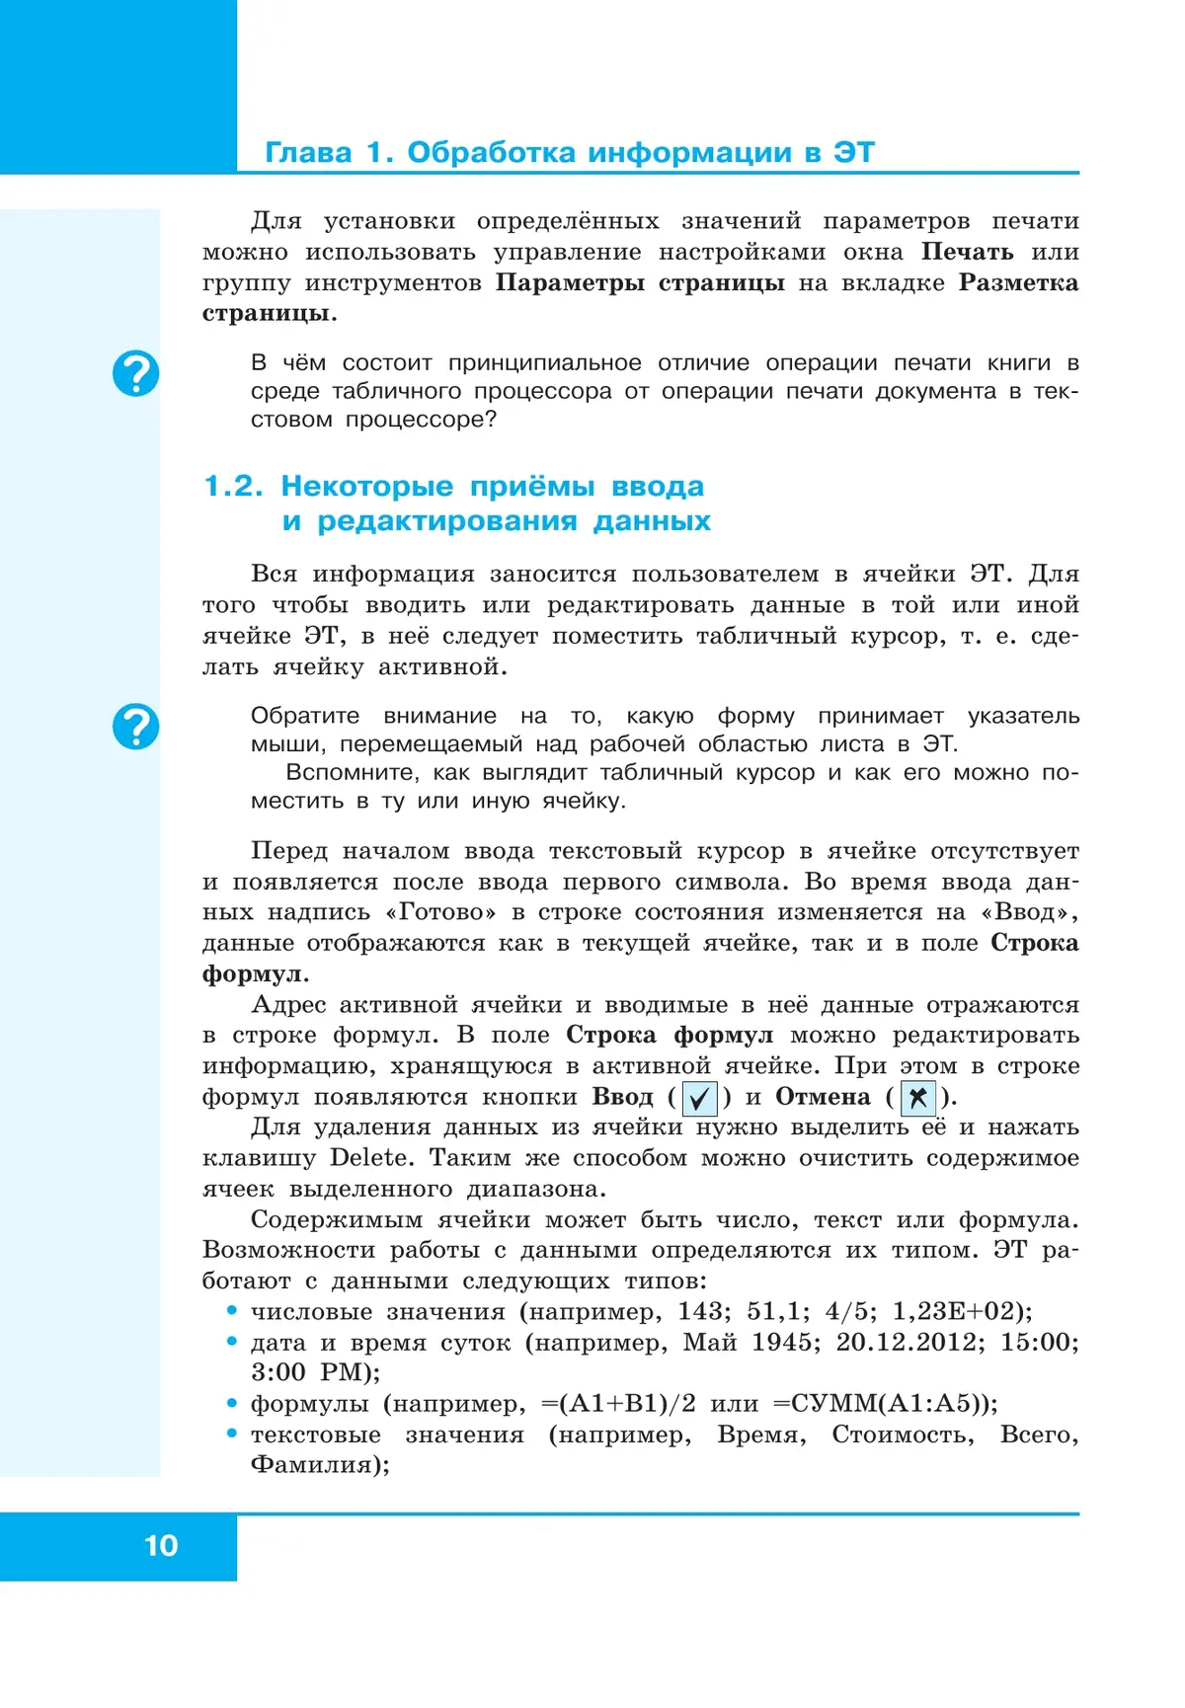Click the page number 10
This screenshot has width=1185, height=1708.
(x=161, y=1545)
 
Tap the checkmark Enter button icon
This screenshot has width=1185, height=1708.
(x=699, y=1098)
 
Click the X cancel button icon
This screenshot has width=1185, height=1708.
(x=917, y=1098)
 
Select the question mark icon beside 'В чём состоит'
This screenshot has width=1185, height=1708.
(x=135, y=374)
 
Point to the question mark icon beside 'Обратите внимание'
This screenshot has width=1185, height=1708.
(x=135, y=727)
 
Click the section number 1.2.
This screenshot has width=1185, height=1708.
(x=233, y=486)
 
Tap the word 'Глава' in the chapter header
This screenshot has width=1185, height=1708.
(x=308, y=153)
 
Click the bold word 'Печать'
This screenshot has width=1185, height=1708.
(x=967, y=252)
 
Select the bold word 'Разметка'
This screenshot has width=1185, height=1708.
(x=1018, y=282)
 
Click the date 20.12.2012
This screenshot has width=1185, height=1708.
(x=908, y=1342)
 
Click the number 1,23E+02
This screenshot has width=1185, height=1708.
(x=955, y=1311)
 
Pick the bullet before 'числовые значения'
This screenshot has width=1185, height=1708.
(x=232, y=1311)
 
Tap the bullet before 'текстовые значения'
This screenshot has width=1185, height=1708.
(x=232, y=1434)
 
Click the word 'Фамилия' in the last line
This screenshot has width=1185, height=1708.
(x=315, y=1464)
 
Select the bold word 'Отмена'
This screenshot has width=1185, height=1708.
(x=823, y=1097)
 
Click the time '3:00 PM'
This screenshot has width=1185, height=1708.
(x=312, y=1372)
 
